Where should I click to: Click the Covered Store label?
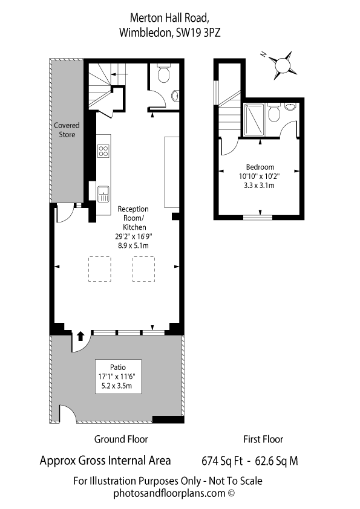click(67, 130)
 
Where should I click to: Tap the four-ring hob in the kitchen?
click(103, 151)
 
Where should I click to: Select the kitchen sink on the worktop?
click(103, 194)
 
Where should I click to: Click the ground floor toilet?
click(163, 73)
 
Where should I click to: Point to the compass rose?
click(282, 65)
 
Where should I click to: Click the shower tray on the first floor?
click(254, 120)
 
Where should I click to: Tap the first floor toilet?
click(274, 112)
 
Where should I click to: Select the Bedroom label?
click(260, 167)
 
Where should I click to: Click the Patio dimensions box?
click(118, 377)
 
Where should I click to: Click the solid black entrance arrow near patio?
click(80, 336)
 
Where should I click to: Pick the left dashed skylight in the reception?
click(100, 269)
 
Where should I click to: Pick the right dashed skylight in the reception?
click(143, 269)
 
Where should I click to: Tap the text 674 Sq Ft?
click(222, 461)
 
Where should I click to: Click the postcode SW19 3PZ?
click(198, 33)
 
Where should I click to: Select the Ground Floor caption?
click(121, 439)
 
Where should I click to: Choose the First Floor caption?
click(263, 439)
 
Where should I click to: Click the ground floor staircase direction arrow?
click(119, 74)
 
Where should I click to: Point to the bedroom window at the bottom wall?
click(258, 218)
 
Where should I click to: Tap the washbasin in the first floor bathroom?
click(290, 106)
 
